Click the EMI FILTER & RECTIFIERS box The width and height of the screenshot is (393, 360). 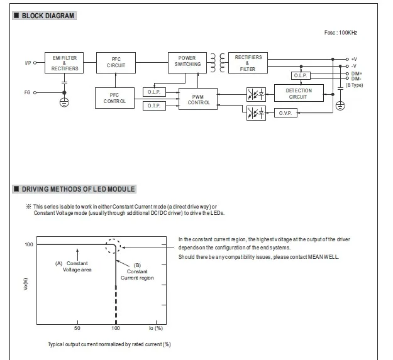[x=64, y=63]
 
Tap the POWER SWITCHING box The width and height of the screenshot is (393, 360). [x=187, y=61]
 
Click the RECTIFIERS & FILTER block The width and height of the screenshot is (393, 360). [x=248, y=62]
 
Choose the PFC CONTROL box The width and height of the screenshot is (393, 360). [x=115, y=97]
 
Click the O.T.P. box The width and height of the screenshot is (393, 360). [x=154, y=106]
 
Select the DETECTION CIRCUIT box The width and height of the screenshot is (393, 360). [x=298, y=94]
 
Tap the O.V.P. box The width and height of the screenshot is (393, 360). [x=284, y=113]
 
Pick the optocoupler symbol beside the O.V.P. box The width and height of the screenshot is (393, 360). [x=256, y=113]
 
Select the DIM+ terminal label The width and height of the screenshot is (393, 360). [x=357, y=73]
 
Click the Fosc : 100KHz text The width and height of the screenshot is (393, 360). [x=340, y=32]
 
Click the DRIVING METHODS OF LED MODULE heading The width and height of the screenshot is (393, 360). [x=79, y=188]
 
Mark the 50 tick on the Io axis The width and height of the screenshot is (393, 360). [x=77, y=329]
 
